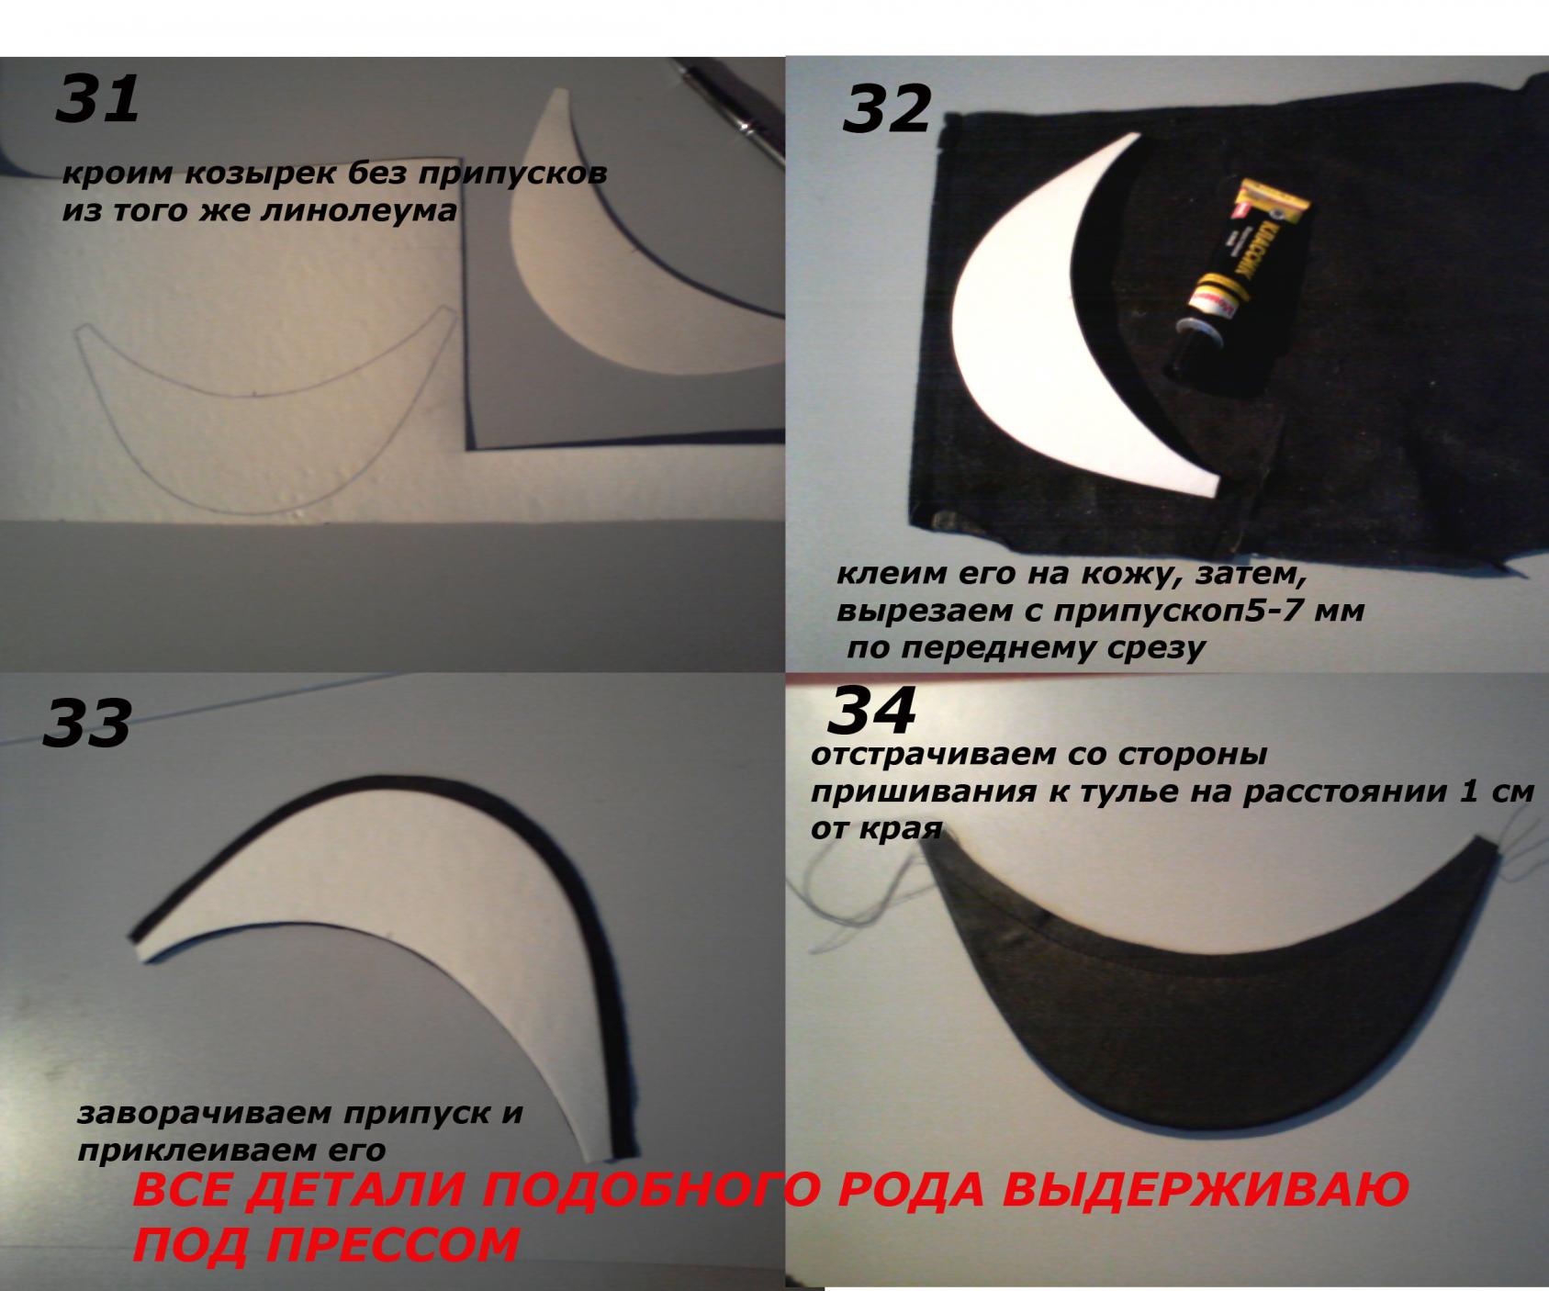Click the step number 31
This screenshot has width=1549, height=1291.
coord(97,99)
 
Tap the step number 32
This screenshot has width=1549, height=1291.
coord(886,110)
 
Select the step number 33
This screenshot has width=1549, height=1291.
coord(86,724)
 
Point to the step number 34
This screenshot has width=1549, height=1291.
coord(871,712)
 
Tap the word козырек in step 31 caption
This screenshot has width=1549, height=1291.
coord(233,173)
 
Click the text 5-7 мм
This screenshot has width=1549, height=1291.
coord(1302,610)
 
